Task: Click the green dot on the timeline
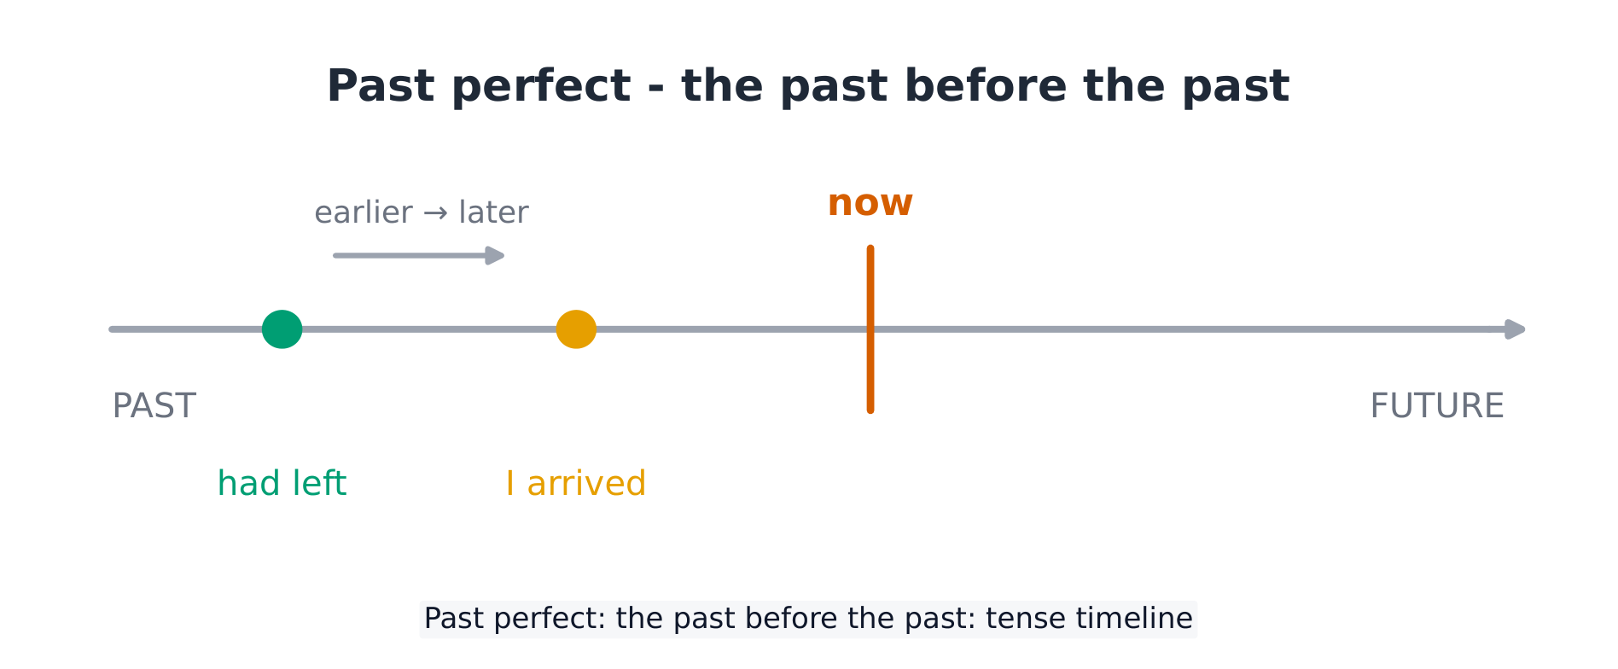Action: point(282,329)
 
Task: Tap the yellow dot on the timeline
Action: point(576,329)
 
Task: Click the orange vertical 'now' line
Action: point(870,329)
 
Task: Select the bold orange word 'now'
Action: point(870,203)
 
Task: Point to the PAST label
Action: point(154,406)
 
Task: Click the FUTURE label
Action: point(1437,406)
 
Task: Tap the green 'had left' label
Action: point(282,483)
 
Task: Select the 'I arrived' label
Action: point(576,483)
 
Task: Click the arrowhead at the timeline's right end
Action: point(1516,329)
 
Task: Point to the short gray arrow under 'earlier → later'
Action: point(419,255)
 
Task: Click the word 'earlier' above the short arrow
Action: point(364,212)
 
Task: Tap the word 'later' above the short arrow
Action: point(493,212)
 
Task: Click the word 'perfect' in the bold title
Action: point(541,87)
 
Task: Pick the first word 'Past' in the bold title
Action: point(381,86)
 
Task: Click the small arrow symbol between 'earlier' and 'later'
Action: point(435,212)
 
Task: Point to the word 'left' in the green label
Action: point(319,483)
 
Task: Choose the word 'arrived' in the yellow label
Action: point(586,483)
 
